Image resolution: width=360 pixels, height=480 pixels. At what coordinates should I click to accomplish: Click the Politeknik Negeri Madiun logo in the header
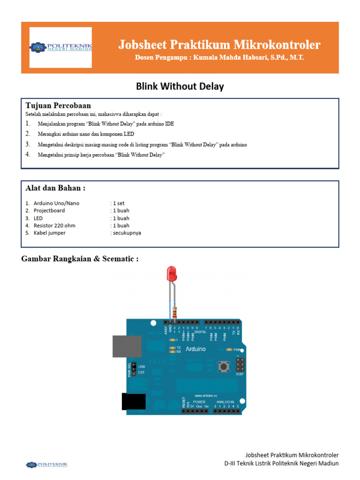(x=61, y=47)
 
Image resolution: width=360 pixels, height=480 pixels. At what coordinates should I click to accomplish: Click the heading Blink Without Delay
(x=180, y=86)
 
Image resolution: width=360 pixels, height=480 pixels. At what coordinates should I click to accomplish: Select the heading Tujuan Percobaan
(x=58, y=105)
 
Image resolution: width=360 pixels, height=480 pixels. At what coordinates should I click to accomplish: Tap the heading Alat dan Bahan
(x=55, y=188)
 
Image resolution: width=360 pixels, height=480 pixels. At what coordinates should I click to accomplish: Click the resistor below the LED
(x=175, y=311)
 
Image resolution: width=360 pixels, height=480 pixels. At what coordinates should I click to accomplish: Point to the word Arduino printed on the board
(x=195, y=349)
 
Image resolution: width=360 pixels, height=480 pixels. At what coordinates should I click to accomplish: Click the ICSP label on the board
(x=240, y=374)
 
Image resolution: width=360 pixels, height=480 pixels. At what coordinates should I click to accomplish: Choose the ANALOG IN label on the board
(x=225, y=402)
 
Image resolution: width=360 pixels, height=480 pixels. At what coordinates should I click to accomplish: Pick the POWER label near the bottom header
(x=199, y=402)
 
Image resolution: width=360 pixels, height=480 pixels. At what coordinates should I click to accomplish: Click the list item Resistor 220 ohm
(x=54, y=225)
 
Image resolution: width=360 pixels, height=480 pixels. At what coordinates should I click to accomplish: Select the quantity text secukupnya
(x=126, y=233)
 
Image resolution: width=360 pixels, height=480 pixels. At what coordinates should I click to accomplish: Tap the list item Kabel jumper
(x=49, y=233)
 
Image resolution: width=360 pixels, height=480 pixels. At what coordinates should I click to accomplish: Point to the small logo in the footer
(x=46, y=465)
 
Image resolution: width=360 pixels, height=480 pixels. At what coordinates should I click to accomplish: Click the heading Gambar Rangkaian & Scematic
(x=80, y=259)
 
